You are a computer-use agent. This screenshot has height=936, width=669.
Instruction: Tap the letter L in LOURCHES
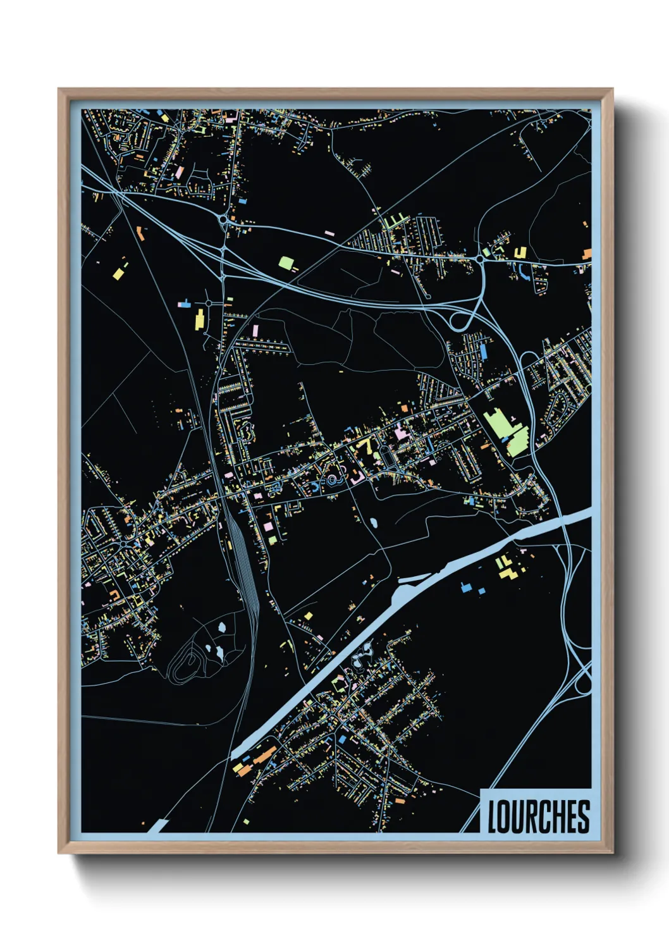point(493,816)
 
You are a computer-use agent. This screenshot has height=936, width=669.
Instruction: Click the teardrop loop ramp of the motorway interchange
point(459,319)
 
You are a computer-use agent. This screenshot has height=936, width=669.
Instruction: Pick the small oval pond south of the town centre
point(374,524)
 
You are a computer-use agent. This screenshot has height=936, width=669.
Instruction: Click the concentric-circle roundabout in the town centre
point(332,481)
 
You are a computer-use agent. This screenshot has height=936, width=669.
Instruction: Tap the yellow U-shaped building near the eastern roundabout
point(520,253)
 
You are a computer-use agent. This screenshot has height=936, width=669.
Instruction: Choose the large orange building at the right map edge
point(587,254)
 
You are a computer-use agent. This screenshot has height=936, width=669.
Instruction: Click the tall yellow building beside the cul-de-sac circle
point(199,319)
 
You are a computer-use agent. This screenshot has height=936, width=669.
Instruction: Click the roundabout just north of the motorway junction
point(223,220)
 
